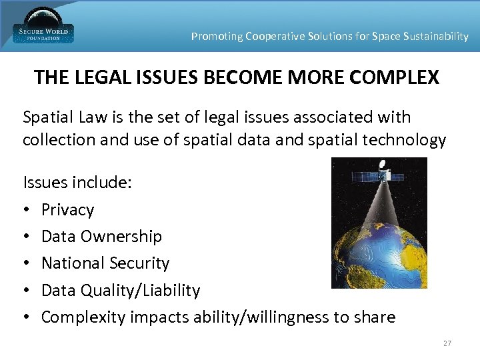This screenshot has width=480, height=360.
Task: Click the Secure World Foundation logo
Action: (x=43, y=27)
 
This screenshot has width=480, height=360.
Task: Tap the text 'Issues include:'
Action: (x=77, y=182)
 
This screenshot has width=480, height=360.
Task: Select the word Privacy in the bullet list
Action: (x=67, y=210)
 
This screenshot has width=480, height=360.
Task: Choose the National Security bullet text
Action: (x=105, y=263)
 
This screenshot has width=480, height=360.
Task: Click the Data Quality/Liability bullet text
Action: (x=120, y=291)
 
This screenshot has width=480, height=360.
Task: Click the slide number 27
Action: (x=447, y=343)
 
